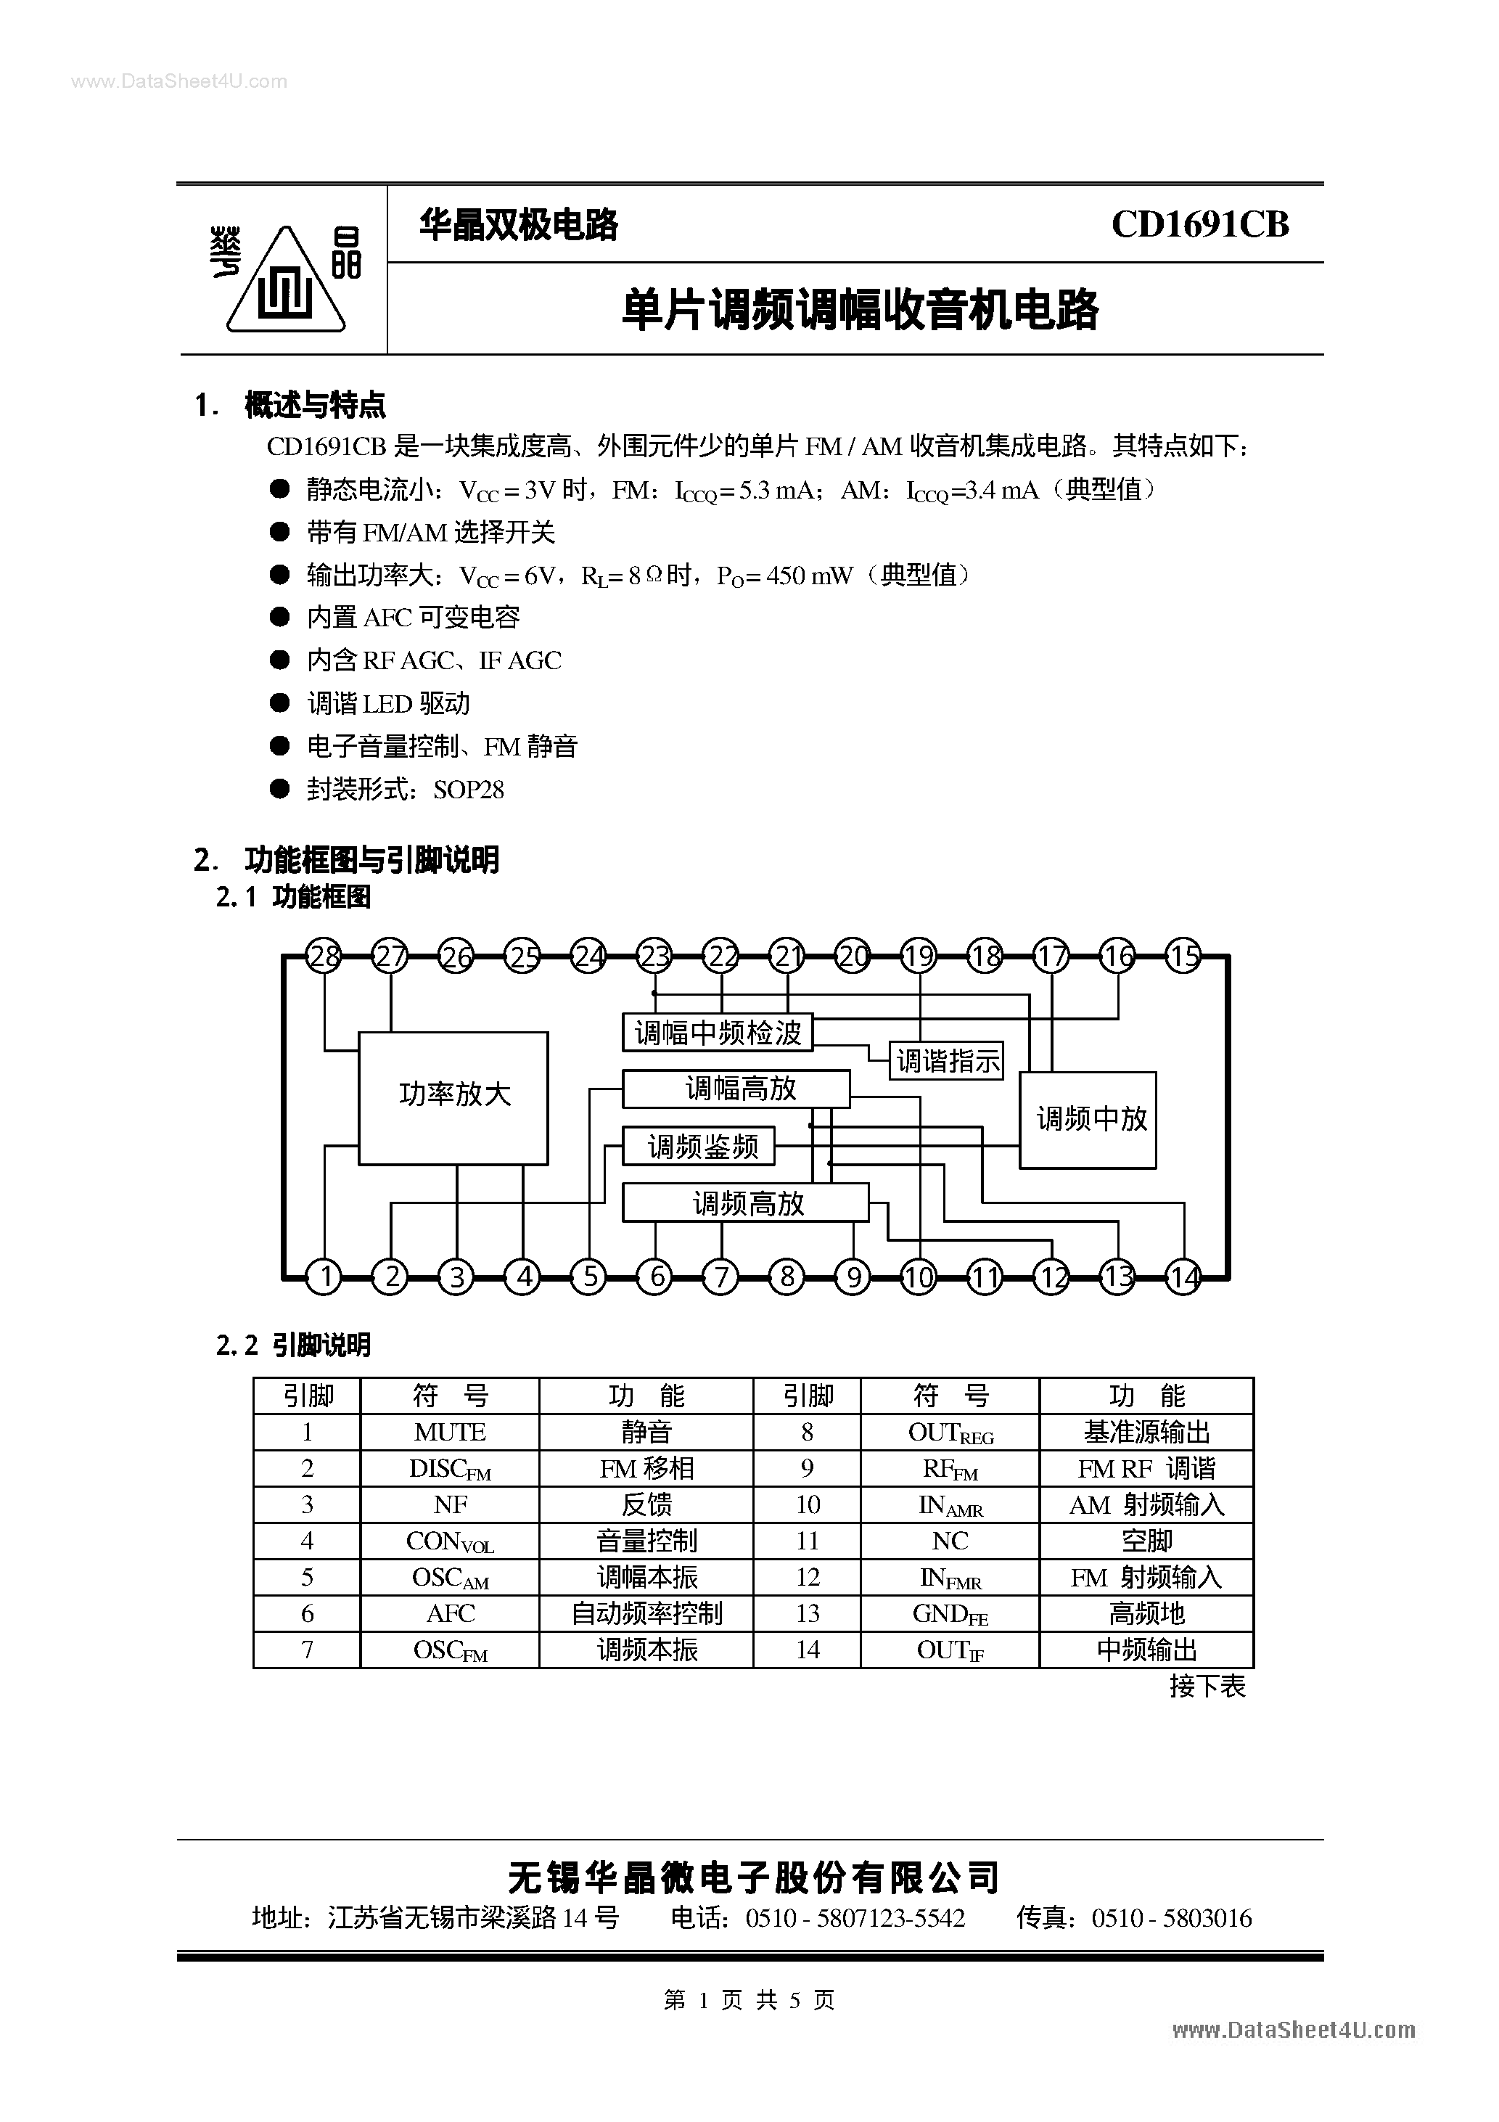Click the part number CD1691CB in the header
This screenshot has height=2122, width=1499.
pyautogui.click(x=1199, y=224)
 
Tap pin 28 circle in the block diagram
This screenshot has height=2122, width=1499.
pyautogui.click(x=324, y=956)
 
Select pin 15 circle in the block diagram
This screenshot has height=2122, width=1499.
pyautogui.click(x=1183, y=956)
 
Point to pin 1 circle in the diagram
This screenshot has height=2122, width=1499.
pyautogui.click(x=324, y=1277)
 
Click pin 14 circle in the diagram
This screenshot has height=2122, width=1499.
pyautogui.click(x=1183, y=1277)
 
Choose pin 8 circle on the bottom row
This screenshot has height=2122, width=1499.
pyautogui.click(x=787, y=1277)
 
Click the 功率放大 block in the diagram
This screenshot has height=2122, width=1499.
pyautogui.click(x=453, y=1097)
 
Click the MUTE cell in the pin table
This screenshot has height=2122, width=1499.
pyautogui.click(x=450, y=1432)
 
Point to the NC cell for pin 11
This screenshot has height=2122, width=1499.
pyautogui.click(x=950, y=1541)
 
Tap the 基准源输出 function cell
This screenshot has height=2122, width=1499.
pyautogui.click(x=1146, y=1432)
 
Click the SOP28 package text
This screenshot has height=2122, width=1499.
pyautogui.click(x=469, y=790)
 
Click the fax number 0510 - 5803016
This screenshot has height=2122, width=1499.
pyautogui.click(x=1172, y=1920)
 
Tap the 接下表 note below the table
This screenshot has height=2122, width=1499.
pyautogui.click(x=1207, y=1687)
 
